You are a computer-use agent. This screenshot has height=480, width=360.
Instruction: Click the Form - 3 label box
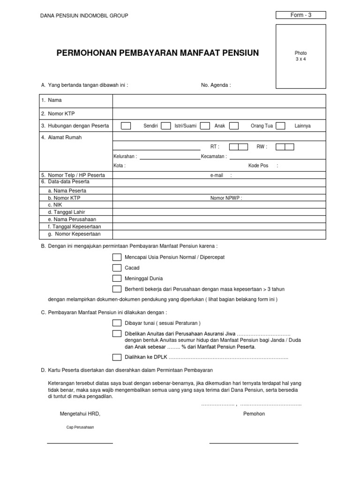coord(300,15)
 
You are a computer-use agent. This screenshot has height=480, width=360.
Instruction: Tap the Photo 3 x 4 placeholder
coord(300,56)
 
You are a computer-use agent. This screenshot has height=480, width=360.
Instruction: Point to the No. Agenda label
coord(216,85)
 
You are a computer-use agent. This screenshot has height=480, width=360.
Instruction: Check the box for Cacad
coord(117,268)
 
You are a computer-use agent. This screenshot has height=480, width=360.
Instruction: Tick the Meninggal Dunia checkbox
coord(117,278)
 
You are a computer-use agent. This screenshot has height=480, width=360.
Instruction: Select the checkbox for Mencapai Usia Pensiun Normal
coord(117,257)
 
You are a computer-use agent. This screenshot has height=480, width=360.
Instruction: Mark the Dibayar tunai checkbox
coord(117,323)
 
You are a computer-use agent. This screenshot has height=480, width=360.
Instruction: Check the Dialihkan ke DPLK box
coord(117,358)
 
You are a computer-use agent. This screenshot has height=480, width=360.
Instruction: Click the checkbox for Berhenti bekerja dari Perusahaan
coord(117,289)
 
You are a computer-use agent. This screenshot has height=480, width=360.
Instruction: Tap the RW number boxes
coord(285,147)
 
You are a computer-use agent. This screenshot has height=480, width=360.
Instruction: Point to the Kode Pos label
coord(258,165)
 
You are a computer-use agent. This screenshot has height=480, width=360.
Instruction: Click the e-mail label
coord(217,175)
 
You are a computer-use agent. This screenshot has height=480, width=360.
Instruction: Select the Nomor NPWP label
coord(226,198)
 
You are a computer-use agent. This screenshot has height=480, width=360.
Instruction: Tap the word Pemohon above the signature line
coord(254,414)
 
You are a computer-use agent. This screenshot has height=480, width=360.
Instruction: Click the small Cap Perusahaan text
coord(80,427)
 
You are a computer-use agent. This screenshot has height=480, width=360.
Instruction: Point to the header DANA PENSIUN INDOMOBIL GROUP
coord(85,16)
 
